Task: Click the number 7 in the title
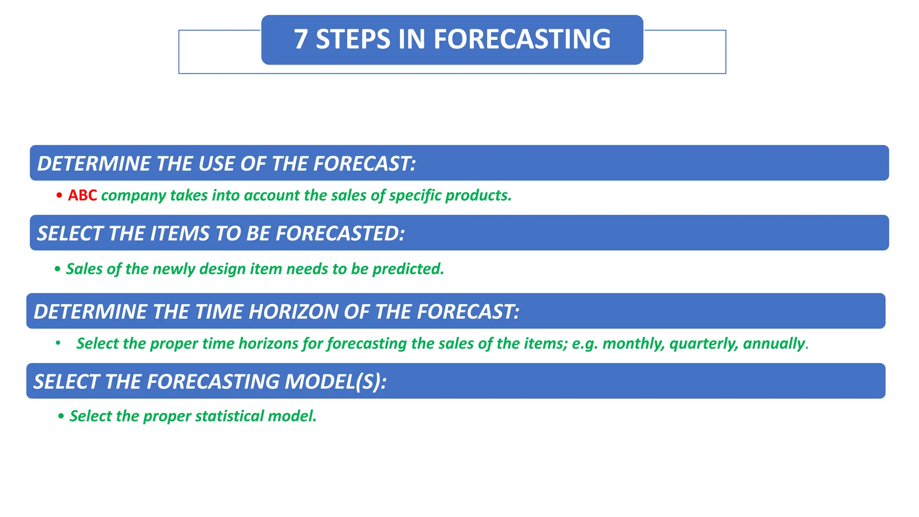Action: click(301, 39)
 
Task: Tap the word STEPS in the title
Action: click(353, 39)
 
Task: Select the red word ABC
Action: click(83, 196)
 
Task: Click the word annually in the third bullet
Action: click(775, 344)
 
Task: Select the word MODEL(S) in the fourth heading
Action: click(335, 381)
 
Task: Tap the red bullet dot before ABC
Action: click(59, 196)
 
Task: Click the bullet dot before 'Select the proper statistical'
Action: click(61, 416)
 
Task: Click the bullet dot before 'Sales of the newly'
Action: click(57, 269)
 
